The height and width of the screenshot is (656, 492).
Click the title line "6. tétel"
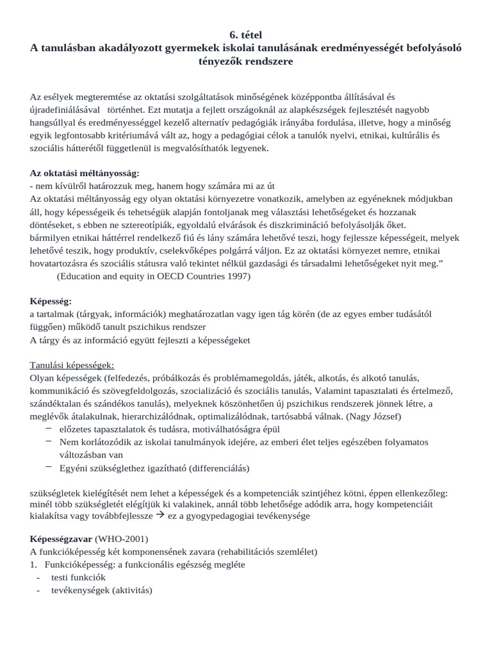tap(245, 34)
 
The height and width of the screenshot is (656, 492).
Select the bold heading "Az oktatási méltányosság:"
tap(85, 173)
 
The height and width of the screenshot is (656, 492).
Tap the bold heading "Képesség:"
tap(51, 300)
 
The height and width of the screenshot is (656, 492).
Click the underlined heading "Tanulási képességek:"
tap(72, 365)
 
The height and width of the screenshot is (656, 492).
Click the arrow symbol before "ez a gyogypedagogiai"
tap(160, 516)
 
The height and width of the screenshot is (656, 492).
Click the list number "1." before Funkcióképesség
tap(34, 564)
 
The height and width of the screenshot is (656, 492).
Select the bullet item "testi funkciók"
tap(78, 577)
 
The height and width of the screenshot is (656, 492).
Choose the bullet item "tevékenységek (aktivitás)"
tap(101, 590)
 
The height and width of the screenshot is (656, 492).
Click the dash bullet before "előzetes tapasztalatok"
tap(49, 429)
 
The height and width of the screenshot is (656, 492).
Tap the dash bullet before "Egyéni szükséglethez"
tap(49, 467)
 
